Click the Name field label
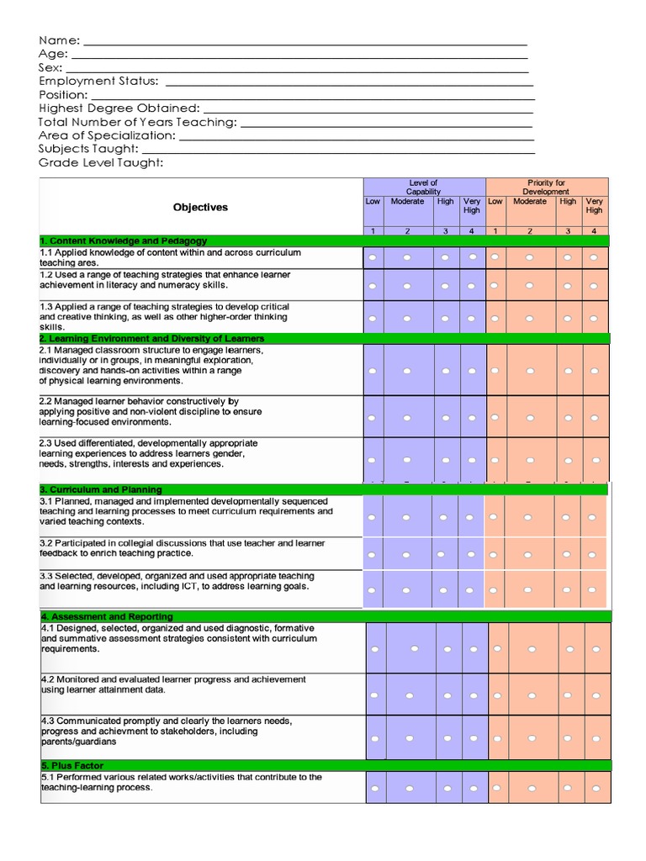59,40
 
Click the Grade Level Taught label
101,162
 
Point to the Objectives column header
200,207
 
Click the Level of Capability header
423,188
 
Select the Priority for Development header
546,188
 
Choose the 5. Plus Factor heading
72,766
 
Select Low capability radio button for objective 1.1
373,257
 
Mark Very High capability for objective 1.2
471,286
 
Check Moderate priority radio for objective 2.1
530,370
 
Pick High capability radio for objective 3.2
440,554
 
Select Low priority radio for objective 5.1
496,788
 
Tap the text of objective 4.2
172,684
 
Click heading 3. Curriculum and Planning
100,489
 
